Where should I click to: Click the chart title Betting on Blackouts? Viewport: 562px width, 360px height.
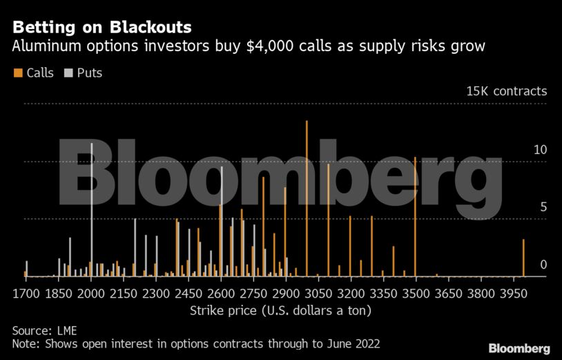point(102,28)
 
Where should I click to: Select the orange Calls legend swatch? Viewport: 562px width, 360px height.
point(17,73)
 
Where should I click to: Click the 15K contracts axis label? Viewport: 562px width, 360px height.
point(507,91)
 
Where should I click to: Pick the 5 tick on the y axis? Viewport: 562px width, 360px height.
point(543,207)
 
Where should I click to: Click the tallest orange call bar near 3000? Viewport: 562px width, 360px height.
point(307,200)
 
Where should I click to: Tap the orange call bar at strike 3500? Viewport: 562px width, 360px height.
point(415,218)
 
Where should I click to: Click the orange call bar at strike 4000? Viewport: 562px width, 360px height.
point(523,258)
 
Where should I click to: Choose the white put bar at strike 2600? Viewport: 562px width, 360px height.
point(222,221)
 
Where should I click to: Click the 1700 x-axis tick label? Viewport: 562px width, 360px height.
point(26,293)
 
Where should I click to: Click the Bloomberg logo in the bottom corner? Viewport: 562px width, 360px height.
point(519,348)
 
